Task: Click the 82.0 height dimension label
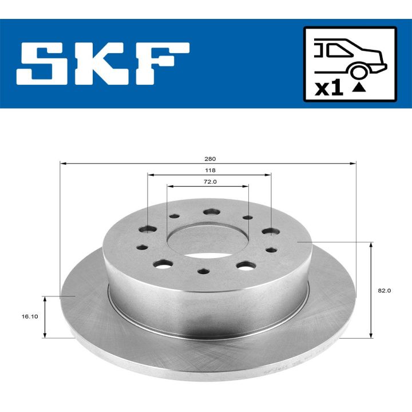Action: click(385, 290)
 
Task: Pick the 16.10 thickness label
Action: click(30, 316)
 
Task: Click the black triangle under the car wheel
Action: click(359, 88)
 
